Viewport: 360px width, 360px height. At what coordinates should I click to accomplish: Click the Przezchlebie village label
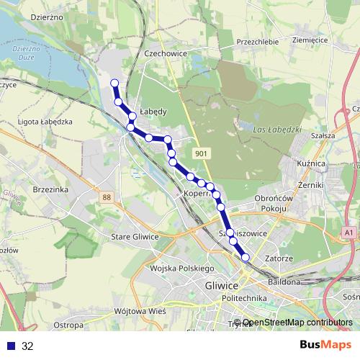[257, 42]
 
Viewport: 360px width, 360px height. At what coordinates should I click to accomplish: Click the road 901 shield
[201, 153]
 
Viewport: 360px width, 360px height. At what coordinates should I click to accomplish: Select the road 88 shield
[107, 197]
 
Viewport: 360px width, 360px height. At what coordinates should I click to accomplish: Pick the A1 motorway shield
[348, 233]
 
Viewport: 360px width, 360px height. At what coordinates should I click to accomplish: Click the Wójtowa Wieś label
[140, 311]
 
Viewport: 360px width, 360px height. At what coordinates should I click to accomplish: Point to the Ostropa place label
[68, 325]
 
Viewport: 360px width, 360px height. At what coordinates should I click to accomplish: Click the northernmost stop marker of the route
[114, 84]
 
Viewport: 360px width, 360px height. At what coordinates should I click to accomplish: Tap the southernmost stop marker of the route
[245, 257]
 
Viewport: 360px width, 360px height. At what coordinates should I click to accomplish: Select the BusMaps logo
[320, 346]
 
